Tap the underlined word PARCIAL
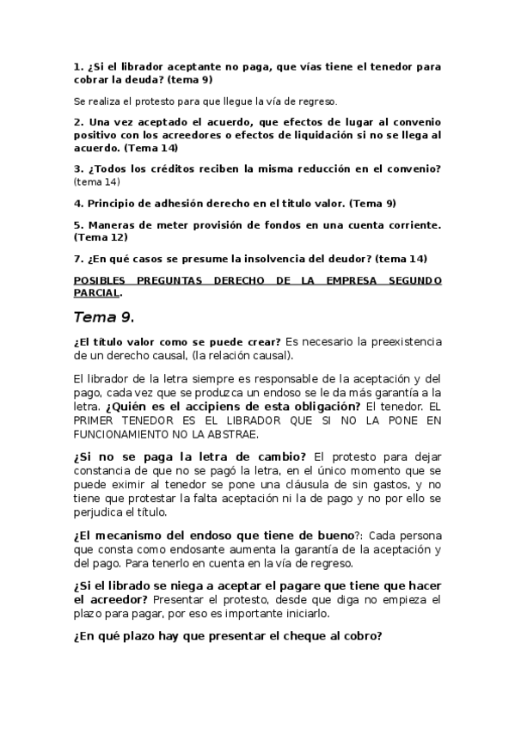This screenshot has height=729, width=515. tap(95, 291)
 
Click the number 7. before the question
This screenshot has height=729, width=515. tap(78, 258)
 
